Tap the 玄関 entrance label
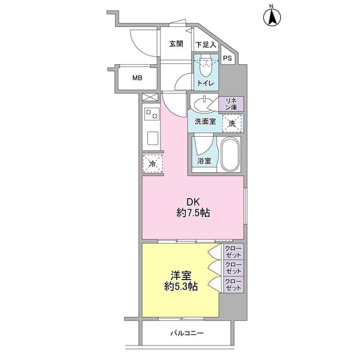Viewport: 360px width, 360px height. (x=175, y=44)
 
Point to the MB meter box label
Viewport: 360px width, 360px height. (x=137, y=78)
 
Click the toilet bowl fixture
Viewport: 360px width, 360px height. (x=204, y=69)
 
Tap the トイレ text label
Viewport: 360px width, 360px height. (x=204, y=83)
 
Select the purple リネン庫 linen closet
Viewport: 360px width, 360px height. (x=231, y=103)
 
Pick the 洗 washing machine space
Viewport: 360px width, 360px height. (x=232, y=123)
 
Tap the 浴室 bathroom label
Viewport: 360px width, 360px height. (x=204, y=161)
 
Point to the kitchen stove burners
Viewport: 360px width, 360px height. (x=151, y=114)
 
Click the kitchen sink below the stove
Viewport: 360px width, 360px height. (x=151, y=138)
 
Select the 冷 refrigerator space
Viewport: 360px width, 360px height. (x=152, y=164)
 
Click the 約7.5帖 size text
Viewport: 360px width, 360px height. (x=192, y=214)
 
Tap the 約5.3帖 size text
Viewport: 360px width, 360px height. (x=181, y=286)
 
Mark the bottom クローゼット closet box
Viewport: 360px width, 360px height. (x=233, y=285)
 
